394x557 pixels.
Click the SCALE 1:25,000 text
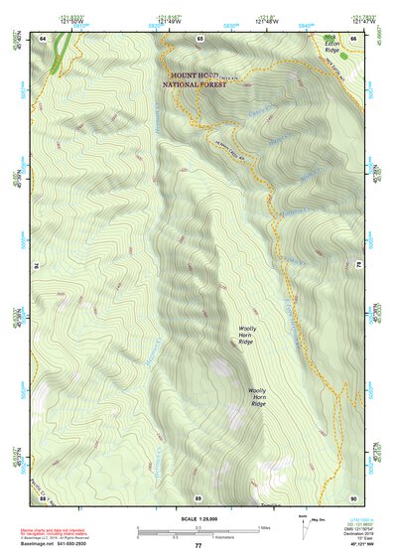click(x=197, y=519)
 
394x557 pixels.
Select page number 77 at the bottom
click(x=197, y=546)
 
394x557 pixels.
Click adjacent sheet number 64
click(x=44, y=37)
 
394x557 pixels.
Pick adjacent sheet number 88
click(x=44, y=496)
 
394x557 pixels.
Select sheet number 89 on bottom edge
click(x=197, y=496)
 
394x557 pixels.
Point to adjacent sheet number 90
click(x=352, y=496)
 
